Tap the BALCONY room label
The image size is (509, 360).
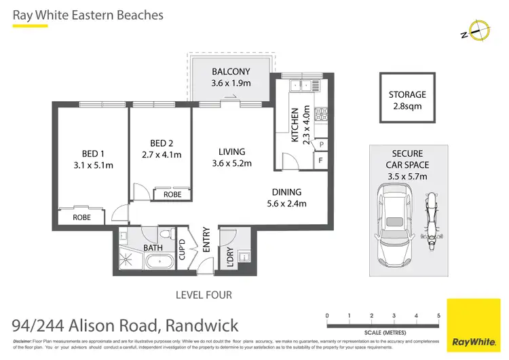tap(231, 71)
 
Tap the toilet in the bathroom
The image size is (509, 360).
tap(166, 235)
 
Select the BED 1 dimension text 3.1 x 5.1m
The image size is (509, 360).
tap(93, 165)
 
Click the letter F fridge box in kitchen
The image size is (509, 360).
tap(320, 161)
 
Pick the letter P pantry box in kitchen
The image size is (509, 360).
tap(320, 145)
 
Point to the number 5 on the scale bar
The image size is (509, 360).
tap(438, 316)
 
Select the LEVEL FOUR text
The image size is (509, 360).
tap(204, 295)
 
